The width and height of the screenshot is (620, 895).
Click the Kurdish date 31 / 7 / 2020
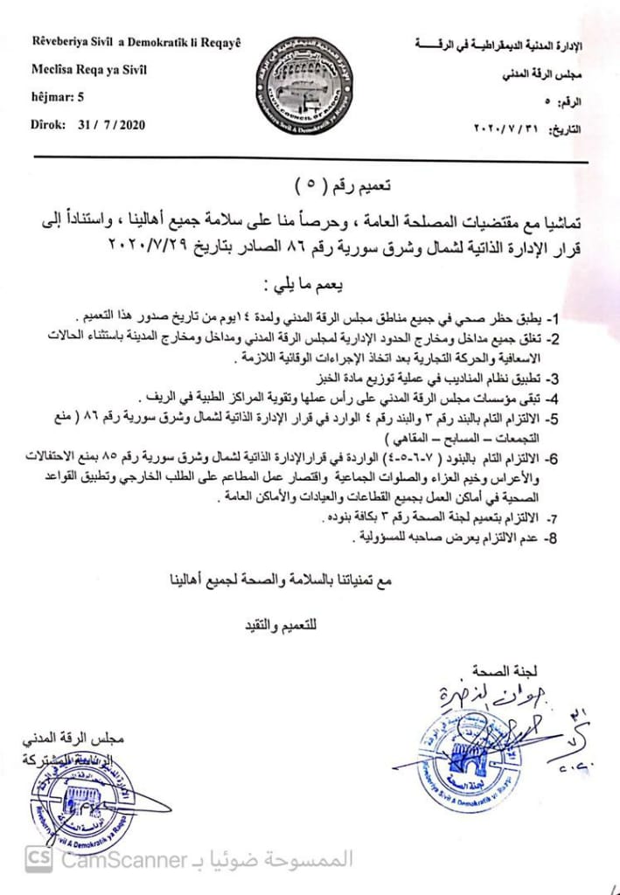[111, 125]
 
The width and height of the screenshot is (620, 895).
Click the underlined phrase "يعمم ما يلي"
[311, 285]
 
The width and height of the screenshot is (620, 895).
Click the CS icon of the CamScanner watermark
[38, 859]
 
